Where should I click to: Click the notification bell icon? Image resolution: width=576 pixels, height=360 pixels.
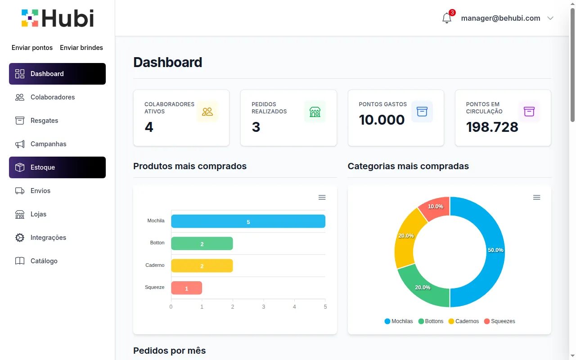447,18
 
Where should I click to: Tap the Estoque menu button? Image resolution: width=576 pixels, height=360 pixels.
57,167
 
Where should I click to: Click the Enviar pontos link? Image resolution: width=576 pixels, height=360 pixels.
32,48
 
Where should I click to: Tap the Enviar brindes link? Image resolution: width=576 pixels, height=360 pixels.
81,48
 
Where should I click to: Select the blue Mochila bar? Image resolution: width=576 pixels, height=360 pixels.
248,221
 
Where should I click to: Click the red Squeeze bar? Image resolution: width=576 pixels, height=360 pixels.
186,288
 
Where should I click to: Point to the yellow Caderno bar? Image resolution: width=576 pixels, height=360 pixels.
202,265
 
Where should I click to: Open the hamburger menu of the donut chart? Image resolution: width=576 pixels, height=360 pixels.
536,198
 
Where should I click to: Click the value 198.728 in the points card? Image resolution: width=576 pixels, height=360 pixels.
492,127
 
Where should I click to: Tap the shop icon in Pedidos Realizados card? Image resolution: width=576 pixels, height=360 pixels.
315,112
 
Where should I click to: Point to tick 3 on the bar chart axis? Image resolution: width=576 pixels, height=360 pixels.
264,307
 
